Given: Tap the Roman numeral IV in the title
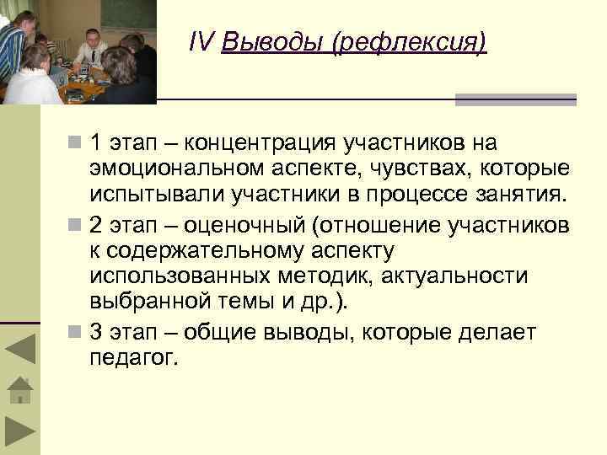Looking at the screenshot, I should point(202,42).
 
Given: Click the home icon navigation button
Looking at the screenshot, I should point(20,389).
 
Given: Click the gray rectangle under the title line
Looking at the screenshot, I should point(515,99).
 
